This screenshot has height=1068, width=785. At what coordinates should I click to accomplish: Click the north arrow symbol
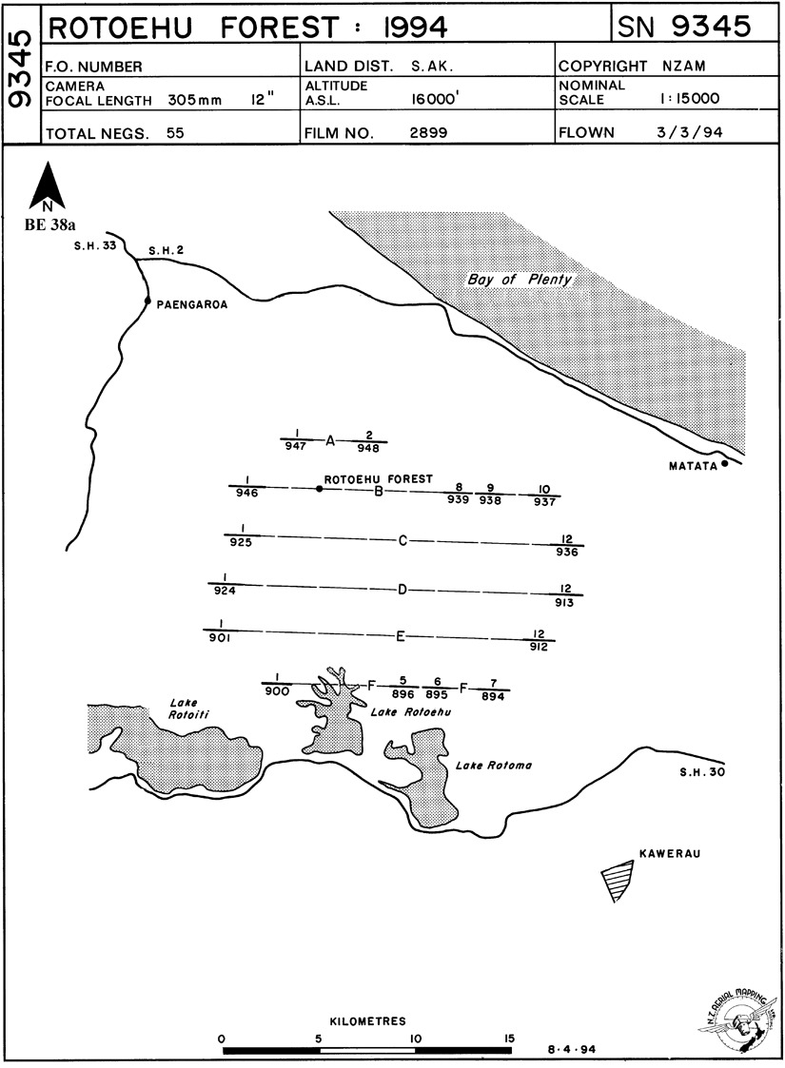[x=47, y=186]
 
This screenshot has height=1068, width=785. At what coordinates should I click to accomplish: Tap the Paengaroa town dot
[x=147, y=301]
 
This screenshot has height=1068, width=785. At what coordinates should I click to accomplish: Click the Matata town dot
[x=724, y=464]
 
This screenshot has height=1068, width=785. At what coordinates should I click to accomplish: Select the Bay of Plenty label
[x=520, y=280]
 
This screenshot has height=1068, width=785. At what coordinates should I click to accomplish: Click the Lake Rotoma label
[x=493, y=765]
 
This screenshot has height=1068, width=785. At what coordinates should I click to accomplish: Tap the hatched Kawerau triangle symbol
[x=618, y=880]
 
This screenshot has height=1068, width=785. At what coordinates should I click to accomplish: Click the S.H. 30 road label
[x=702, y=771]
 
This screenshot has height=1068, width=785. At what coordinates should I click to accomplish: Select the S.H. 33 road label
[x=95, y=246]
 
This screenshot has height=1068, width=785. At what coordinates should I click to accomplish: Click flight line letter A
[x=330, y=440]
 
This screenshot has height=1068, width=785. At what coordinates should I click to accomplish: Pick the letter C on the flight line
[x=402, y=540]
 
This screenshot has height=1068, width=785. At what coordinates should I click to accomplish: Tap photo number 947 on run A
[x=296, y=446]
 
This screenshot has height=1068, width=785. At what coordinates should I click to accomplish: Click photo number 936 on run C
[x=567, y=552]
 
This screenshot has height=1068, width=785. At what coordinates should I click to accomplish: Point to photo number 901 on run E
[x=220, y=638]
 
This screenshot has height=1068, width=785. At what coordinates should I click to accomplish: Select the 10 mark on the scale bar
[x=416, y=1039]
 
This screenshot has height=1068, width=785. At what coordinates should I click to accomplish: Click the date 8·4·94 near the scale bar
[x=572, y=1049]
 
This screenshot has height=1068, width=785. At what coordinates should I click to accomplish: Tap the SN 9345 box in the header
[x=695, y=26]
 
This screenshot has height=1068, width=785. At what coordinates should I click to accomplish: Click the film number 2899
[x=428, y=132]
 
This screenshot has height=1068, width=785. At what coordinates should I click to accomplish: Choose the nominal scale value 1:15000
[x=688, y=98]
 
